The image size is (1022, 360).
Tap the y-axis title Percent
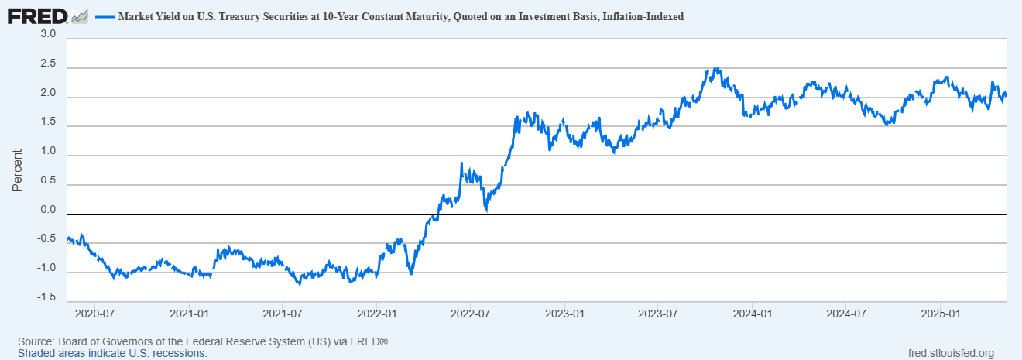(x=17, y=171)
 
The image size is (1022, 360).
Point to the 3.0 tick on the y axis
(x=48, y=35)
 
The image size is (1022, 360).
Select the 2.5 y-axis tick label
(x=48, y=64)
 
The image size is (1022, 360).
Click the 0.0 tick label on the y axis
(x=48, y=210)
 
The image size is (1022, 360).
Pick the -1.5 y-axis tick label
(x=46, y=297)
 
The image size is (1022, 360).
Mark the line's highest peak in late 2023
(x=716, y=68)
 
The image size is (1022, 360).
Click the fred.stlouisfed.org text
(x=950, y=353)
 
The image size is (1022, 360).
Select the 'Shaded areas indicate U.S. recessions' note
(x=112, y=353)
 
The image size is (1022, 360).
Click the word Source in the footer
(x=35, y=341)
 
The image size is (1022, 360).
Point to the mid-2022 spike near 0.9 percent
(x=461, y=164)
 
